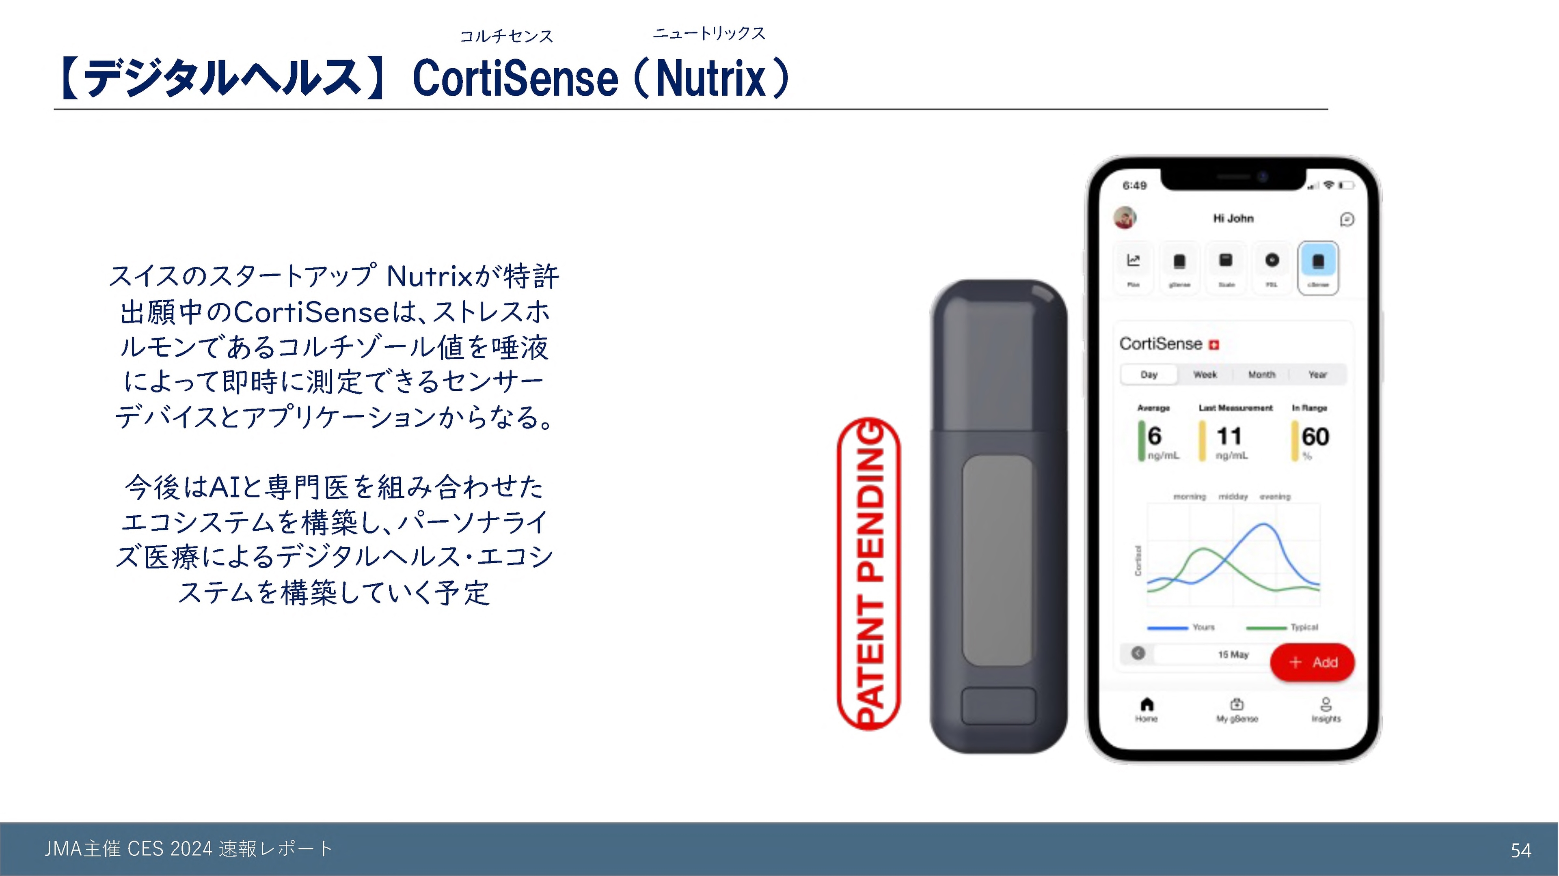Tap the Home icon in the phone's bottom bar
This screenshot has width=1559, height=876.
coord(1146,706)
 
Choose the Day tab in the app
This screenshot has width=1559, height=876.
coord(1149,375)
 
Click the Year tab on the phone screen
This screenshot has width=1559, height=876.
coord(1317,375)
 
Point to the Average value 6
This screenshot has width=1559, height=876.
coord(1155,436)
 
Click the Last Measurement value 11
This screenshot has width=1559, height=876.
coord(1229,436)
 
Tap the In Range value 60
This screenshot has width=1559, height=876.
coord(1315,436)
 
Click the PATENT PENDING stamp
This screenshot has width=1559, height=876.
coord(869,573)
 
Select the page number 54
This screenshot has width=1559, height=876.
coord(1521,850)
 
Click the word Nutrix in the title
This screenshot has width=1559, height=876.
coord(711,79)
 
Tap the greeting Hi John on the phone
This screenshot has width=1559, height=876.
coord(1233,218)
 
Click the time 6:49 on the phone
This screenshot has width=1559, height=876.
coord(1135,185)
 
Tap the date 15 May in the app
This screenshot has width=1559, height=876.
coord(1233,654)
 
